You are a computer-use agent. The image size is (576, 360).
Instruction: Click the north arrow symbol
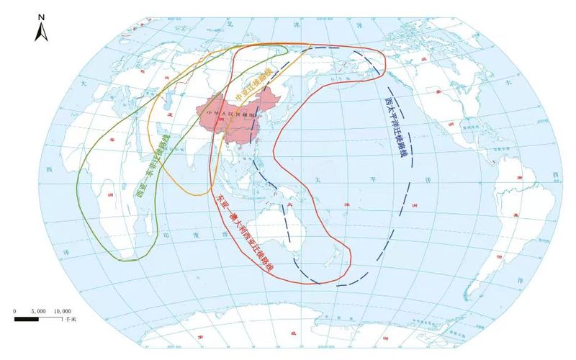click(x=42, y=31)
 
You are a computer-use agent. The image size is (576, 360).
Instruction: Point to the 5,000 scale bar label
click(x=39, y=310)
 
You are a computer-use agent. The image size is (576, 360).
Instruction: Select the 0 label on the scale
click(x=15, y=310)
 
